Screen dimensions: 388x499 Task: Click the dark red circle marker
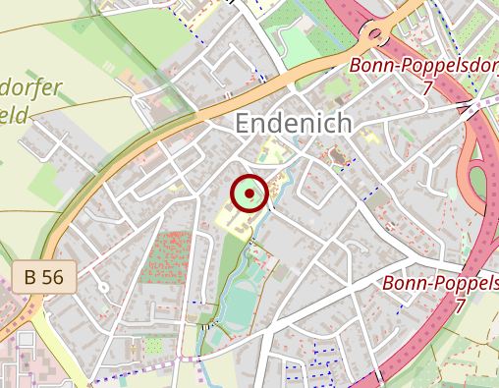pyautogui.click(x=249, y=194)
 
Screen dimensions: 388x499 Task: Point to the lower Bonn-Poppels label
pyautogui.click(x=439, y=284)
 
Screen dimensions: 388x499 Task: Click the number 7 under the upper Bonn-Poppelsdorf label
pyautogui.click(x=428, y=88)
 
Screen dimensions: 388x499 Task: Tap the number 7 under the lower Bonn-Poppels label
pyautogui.click(x=459, y=305)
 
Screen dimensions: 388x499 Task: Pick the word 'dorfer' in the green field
pyautogui.click(x=32, y=88)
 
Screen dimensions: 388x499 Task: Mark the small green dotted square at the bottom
pyautogui.click(x=153, y=346)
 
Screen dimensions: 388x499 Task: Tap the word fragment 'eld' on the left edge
pyautogui.click(x=17, y=114)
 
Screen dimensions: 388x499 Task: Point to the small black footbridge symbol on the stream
pyautogui.click(x=207, y=322)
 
